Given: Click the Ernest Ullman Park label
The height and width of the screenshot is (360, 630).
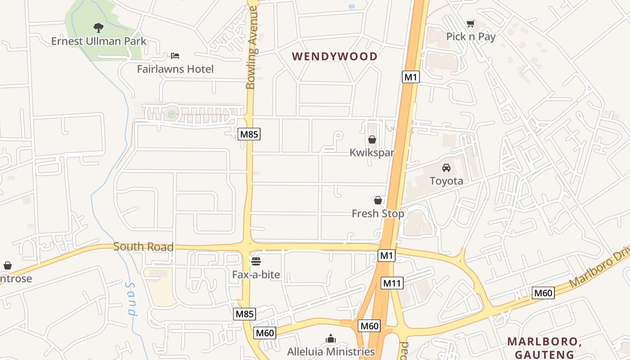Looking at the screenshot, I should point(99,41).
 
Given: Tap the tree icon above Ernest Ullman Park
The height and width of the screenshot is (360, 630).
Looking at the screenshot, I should point(99,28).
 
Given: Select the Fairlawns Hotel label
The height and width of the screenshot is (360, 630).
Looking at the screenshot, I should point(175,69).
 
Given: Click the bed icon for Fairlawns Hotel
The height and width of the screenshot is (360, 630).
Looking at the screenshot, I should point(175,55).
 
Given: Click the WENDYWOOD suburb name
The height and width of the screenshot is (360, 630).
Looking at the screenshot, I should point(335,56).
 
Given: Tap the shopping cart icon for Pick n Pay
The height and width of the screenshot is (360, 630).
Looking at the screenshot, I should point(471,23).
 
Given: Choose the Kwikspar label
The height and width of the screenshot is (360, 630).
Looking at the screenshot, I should point(372,153).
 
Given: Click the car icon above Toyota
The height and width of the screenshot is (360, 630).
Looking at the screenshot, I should point(446,168).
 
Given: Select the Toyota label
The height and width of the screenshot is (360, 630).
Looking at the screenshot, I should point(446,181).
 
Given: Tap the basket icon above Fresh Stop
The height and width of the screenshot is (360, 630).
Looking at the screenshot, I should point(378,200).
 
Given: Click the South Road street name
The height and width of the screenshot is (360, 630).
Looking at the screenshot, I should point(143,247).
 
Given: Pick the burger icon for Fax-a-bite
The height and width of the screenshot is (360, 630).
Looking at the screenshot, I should point(256,261).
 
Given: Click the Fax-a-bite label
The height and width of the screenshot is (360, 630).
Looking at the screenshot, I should point(256,274).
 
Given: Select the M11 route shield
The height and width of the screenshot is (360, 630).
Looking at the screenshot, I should point(392,283).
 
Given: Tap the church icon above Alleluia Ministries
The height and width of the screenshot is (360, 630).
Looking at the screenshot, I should point(331,338).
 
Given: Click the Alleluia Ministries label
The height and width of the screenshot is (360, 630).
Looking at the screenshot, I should point(331,351).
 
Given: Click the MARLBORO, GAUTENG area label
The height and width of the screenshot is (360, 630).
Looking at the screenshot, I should point(544,348).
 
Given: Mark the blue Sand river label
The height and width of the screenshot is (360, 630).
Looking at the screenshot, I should point(131,299).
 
